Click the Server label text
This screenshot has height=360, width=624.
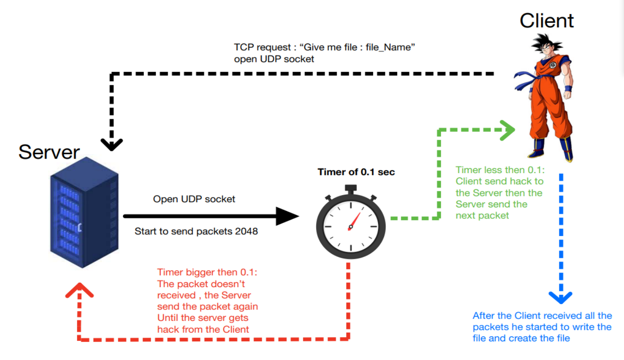49,152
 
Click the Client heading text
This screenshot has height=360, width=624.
547,21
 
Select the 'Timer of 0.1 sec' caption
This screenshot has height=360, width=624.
356,172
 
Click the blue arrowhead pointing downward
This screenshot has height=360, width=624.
561,298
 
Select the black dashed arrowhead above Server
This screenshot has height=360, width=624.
112,144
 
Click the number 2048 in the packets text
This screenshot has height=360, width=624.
246,231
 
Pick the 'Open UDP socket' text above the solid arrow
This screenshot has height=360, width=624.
194,199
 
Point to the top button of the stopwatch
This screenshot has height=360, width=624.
350,188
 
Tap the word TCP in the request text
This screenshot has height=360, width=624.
244,47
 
